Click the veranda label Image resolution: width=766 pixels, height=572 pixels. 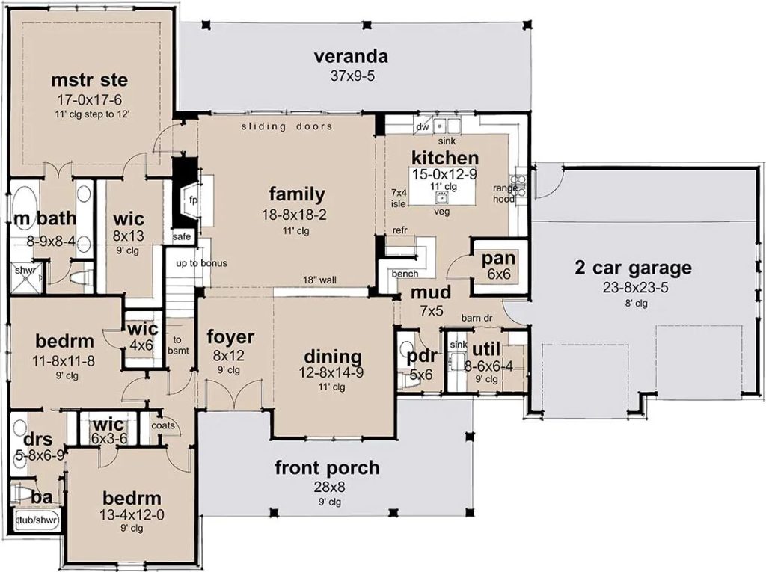[351, 56]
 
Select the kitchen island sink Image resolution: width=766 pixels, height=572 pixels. [441, 197]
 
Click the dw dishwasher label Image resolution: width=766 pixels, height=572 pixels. [423, 127]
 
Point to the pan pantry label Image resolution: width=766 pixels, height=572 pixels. [498, 259]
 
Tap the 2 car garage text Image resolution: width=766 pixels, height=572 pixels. [633, 268]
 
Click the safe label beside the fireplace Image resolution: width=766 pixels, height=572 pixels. [181, 236]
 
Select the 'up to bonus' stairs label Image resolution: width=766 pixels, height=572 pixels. [202, 263]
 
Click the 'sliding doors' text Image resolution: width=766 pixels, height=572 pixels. [287, 126]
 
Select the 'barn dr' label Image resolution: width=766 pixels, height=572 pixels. [477, 319]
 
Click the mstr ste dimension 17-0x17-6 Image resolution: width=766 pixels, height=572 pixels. [90, 100]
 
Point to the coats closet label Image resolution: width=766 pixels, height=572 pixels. [162, 425]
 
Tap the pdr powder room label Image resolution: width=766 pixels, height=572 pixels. [422, 357]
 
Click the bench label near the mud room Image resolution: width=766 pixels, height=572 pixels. [405, 274]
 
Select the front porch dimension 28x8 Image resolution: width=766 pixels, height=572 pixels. [328, 487]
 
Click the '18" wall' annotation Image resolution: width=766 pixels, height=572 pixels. [319, 280]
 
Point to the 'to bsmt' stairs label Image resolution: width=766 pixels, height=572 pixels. [177, 345]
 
